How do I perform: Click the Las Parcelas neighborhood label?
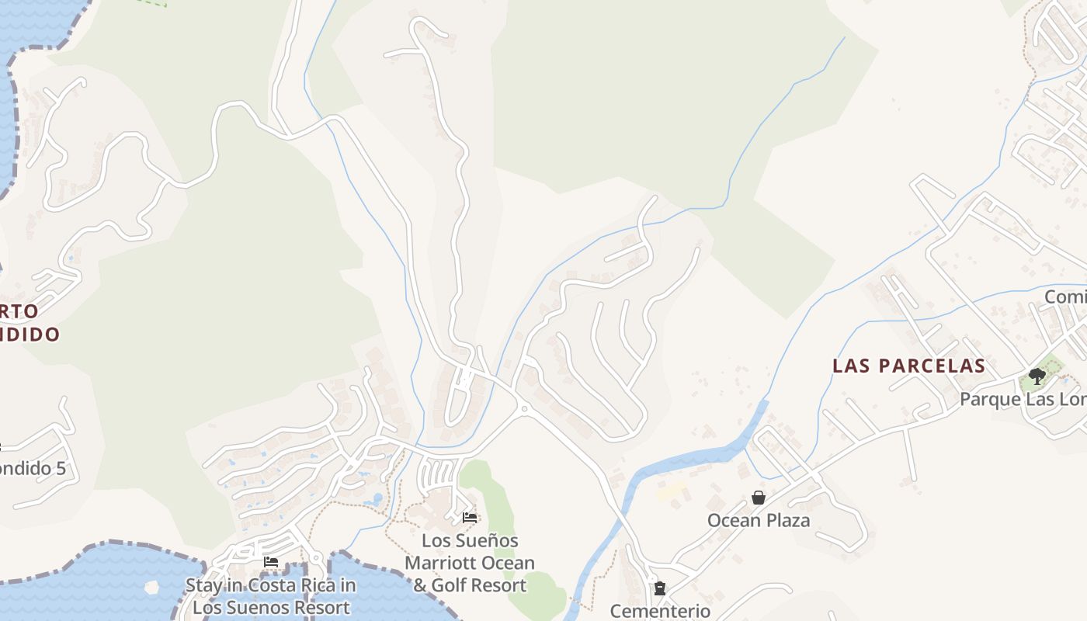(908, 366)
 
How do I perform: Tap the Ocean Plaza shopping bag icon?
(759, 498)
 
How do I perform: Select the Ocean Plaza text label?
(758, 520)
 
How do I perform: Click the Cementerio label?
(660, 611)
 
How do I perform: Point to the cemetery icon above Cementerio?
(660, 588)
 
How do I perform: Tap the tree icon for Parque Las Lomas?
(1037, 376)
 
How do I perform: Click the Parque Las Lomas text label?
(1023, 399)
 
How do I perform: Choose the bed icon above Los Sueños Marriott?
(470, 517)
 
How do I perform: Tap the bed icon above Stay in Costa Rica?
(271, 562)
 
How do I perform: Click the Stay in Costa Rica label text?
(271, 585)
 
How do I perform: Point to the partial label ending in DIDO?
(30, 335)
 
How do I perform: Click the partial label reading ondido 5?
(33, 469)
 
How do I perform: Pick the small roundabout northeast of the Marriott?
(524, 408)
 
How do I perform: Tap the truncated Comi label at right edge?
(1065, 297)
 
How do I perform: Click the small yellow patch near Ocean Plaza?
(671, 491)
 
